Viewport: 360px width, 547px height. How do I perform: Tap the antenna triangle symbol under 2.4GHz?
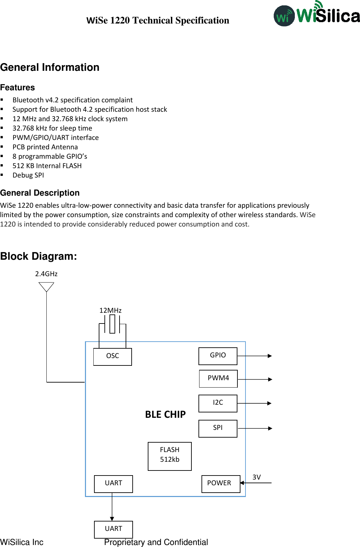point(46,287)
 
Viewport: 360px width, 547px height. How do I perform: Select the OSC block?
point(113,356)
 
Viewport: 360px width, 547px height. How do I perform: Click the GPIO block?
point(218,356)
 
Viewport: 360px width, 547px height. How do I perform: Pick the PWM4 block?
point(218,379)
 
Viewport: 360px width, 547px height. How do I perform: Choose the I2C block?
point(218,403)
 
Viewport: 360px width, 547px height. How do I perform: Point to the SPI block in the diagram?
point(218,428)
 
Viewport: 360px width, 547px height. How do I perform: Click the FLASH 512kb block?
point(170,456)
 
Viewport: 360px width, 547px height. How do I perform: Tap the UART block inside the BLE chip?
point(114,484)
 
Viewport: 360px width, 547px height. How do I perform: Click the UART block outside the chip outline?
point(114,529)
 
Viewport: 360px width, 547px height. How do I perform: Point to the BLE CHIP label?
point(165,414)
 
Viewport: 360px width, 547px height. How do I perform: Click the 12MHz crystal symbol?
point(112,324)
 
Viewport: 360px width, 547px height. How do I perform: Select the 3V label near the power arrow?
point(257,477)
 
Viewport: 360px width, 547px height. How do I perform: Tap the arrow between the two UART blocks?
point(112,507)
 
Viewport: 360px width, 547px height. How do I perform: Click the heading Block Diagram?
point(39,256)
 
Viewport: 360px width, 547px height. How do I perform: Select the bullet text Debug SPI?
point(28,175)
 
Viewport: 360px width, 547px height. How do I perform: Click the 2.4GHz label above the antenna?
point(46,274)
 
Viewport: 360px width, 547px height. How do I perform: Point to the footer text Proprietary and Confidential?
point(156,542)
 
